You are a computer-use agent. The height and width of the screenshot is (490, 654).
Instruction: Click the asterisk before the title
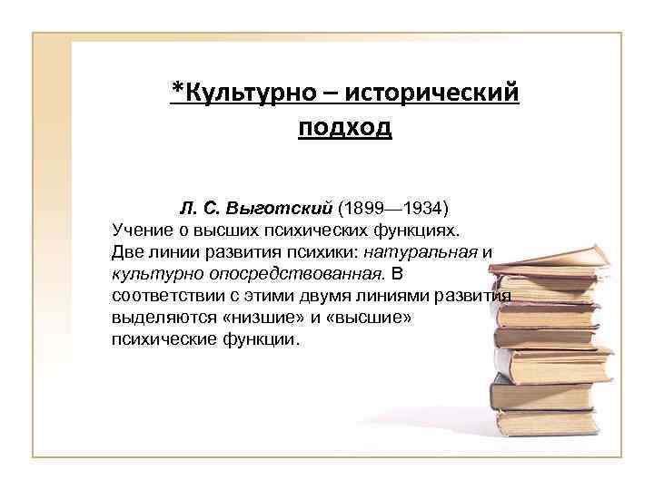click(x=177, y=91)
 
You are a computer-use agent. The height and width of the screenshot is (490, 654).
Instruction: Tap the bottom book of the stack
click(x=544, y=423)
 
